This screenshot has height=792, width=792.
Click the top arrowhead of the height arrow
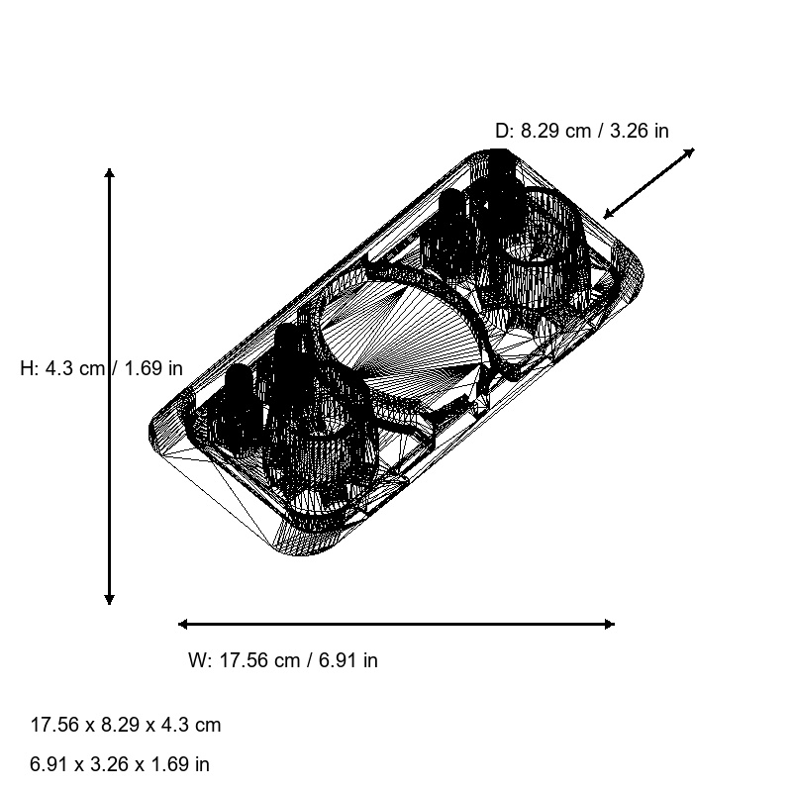110,173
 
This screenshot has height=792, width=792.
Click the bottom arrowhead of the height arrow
110,599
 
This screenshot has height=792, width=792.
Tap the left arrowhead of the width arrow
183,624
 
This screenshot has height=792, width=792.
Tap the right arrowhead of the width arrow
609,624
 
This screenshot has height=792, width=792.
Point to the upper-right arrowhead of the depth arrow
690,151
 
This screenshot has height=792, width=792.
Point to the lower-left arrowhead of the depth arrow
609,214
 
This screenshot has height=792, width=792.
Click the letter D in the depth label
501,131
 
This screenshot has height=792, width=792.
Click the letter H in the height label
27,368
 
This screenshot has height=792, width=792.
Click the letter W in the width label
196,660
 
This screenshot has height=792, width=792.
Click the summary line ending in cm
126,725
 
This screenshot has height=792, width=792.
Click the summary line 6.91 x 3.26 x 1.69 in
120,764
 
